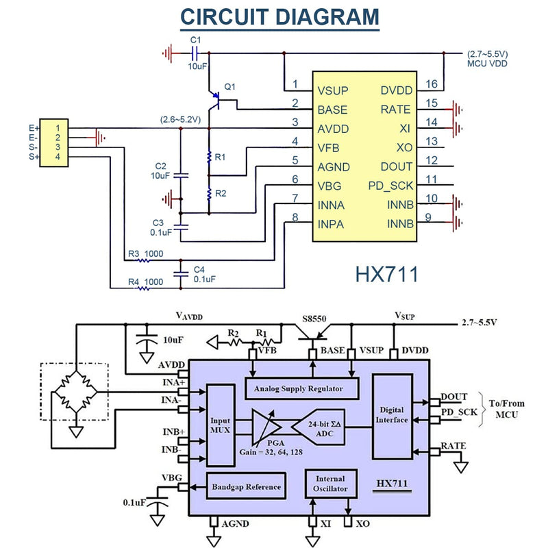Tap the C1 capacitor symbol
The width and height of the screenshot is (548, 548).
tap(195, 53)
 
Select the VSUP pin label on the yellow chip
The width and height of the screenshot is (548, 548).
tap(333, 91)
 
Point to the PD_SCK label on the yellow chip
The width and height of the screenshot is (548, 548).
tap(390, 186)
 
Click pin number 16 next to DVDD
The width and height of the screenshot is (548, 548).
tap(432, 84)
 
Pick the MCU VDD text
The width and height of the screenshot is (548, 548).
tap(487, 64)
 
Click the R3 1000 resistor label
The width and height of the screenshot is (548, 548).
tap(145, 253)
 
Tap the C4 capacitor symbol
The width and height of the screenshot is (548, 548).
tap(181, 274)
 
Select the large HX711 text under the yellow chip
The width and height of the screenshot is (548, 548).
tap(386, 274)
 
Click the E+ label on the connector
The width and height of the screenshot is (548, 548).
tap(34, 128)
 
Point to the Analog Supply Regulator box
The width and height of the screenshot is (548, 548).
tap(302, 388)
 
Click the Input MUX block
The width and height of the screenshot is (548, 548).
tap(221, 425)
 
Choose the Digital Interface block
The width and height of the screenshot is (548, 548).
tap(392, 416)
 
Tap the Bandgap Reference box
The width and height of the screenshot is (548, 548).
tap(246, 486)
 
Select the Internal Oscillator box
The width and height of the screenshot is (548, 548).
tap(331, 484)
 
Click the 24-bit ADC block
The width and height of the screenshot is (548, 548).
tap(318, 427)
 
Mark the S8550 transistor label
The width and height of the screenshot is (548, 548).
tap(314, 319)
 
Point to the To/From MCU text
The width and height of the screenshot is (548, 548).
tap(507, 409)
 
